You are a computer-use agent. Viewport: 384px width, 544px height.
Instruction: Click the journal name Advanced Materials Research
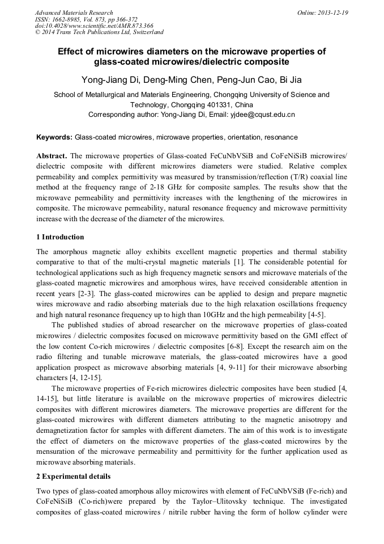tap(74, 12)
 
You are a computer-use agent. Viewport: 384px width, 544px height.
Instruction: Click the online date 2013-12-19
tap(332, 12)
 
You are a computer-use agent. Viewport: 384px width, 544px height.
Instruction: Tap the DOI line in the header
tap(94, 26)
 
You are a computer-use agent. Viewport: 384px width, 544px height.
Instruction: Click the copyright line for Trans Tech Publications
tap(99, 32)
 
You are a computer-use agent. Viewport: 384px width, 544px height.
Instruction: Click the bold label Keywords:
tap(54, 137)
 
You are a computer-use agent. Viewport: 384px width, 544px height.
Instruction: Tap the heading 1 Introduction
tap(60, 237)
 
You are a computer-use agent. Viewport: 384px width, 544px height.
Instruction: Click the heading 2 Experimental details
tap(74, 476)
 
